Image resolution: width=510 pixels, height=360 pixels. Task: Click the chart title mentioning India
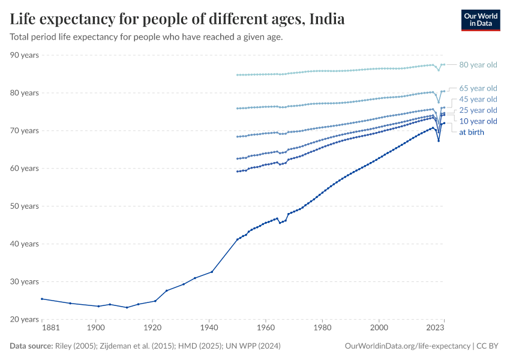click(x=177, y=19)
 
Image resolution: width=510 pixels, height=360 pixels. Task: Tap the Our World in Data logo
click(x=480, y=20)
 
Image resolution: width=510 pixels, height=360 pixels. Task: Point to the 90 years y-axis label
click(x=25, y=55)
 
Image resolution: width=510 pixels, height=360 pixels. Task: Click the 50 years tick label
click(x=25, y=206)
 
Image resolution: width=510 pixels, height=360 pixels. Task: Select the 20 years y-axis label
click(x=25, y=319)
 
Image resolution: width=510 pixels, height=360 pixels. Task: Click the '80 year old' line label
click(x=478, y=65)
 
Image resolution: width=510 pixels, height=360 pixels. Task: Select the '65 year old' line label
click(x=478, y=88)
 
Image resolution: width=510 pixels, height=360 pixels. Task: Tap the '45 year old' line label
click(x=478, y=99)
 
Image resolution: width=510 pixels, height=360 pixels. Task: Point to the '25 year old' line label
click(x=478, y=110)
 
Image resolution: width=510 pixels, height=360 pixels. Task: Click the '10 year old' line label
click(x=478, y=121)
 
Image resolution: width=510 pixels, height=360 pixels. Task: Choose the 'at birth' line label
click(x=471, y=132)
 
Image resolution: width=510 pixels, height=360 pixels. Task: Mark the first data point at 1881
click(x=41, y=299)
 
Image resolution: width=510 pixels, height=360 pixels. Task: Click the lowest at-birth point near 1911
click(x=127, y=308)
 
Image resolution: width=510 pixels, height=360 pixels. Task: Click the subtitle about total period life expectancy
click(x=146, y=37)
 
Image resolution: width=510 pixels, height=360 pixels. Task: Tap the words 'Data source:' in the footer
click(x=31, y=346)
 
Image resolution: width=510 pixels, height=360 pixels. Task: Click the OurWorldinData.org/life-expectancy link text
click(x=407, y=346)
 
